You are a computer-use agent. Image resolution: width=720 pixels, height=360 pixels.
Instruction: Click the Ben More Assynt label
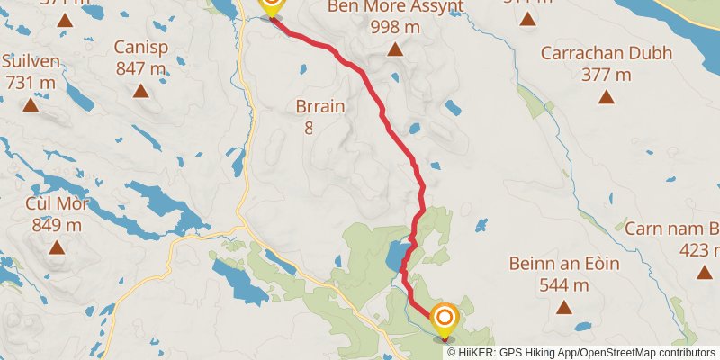point(396,8)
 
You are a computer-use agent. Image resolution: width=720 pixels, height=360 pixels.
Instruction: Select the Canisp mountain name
point(140,47)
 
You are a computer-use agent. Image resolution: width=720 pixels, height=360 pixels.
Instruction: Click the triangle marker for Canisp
point(140,90)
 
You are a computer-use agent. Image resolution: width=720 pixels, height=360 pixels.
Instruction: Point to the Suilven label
point(31,61)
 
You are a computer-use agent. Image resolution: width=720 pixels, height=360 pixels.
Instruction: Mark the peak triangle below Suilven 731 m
point(31,104)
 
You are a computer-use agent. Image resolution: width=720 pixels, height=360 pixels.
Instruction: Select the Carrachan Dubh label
point(606,53)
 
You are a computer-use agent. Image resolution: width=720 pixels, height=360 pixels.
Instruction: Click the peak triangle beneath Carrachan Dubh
point(606,96)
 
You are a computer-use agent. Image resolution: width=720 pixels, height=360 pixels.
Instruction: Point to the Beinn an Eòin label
point(563,265)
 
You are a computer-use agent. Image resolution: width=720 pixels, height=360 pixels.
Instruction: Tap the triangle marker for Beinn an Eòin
point(563,307)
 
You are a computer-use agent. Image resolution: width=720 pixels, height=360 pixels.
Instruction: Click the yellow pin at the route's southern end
point(444,320)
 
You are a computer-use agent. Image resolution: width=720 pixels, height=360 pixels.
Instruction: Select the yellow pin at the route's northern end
point(270,5)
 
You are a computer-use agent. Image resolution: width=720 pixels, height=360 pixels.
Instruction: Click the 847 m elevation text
point(140,67)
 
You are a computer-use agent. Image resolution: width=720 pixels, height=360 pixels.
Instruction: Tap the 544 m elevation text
point(563,285)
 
